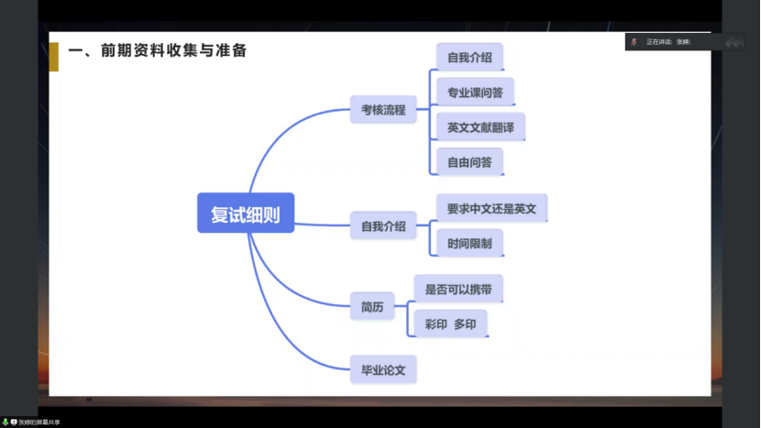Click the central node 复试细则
point(246,214)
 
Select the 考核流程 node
point(382,110)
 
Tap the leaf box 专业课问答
point(475,93)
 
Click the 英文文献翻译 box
point(480,127)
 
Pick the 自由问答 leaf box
point(469,162)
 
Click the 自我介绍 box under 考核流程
point(469,58)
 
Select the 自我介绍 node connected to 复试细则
point(382,225)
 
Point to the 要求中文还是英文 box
point(491,208)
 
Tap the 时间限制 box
point(469,244)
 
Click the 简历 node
point(371,306)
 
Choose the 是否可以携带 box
point(458,289)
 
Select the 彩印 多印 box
point(450,324)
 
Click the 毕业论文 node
point(382,370)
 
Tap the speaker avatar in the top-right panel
point(634,41)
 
